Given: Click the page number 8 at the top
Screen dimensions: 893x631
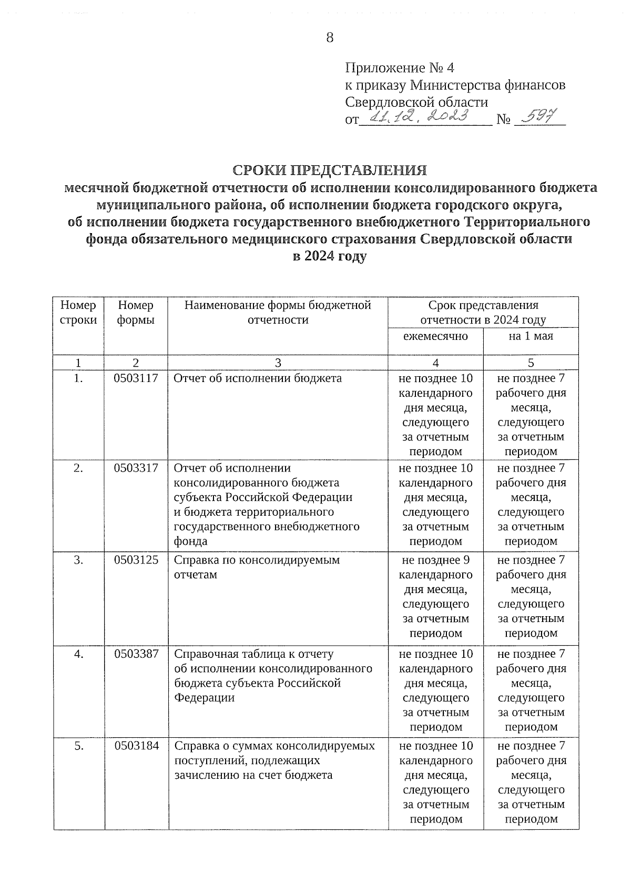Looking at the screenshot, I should [330, 38].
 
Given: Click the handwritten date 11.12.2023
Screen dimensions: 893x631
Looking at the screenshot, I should [419, 117].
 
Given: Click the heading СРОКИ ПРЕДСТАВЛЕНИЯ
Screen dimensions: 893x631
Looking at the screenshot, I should [330, 170].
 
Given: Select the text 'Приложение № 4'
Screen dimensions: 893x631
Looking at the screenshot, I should [399, 68].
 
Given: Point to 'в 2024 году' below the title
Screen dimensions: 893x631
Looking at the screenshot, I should [330, 256].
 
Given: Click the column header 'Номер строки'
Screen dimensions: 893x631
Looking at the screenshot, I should [78, 313].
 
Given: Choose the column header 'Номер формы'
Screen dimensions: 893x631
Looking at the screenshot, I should [136, 313].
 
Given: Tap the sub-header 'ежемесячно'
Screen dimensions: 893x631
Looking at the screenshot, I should [435, 336].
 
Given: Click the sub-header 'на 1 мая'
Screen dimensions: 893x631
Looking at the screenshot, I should [531, 336].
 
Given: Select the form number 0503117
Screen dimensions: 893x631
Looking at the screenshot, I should [136, 378].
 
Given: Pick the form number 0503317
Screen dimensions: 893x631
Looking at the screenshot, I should [136, 468].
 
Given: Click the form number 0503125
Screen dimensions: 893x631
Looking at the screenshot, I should [136, 560].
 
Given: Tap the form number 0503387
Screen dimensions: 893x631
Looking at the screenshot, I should [136, 654].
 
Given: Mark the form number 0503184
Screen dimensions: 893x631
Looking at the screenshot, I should [136, 746].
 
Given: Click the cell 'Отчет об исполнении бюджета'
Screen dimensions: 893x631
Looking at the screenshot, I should [258, 378].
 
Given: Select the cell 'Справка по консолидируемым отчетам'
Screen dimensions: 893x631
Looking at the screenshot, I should [257, 567].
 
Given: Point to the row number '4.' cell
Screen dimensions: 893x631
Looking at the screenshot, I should [78, 654].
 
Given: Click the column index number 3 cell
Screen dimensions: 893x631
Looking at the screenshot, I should [278, 363].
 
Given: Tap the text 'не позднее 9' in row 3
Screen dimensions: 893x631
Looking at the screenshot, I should [435, 560].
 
